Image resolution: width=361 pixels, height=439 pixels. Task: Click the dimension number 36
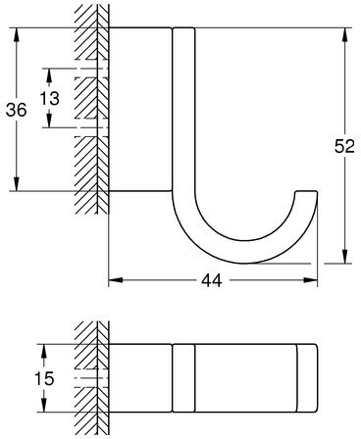[16, 110]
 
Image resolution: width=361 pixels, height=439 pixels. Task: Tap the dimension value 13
[50, 98]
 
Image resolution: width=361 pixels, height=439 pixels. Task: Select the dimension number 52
[344, 146]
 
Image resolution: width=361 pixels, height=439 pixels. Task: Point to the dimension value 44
[211, 280]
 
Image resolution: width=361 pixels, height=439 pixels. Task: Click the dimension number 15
[44, 378]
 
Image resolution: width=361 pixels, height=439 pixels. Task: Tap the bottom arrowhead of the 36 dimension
[17, 183]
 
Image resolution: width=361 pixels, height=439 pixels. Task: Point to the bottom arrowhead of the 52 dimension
[344, 257]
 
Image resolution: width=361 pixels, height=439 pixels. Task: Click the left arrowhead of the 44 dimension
[116, 280]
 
